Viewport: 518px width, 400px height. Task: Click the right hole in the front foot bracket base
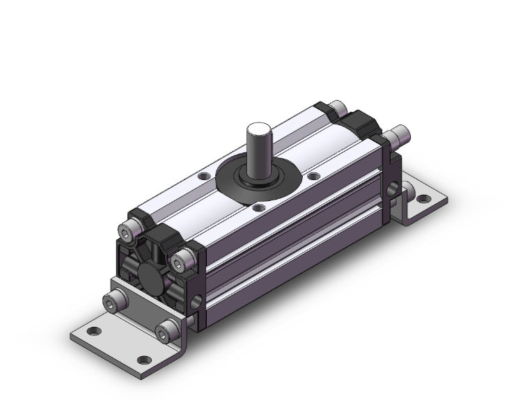point(143,360)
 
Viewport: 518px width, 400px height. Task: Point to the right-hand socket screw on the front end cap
point(182,263)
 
